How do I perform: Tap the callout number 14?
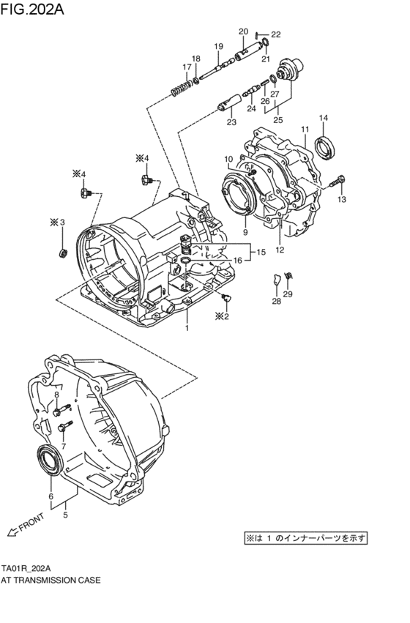[x=323, y=118]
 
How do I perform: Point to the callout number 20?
[x=243, y=31]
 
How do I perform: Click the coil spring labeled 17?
[x=179, y=91]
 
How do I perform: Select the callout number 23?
[x=231, y=122]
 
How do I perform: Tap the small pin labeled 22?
[x=258, y=34]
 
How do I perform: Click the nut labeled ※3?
[x=63, y=253]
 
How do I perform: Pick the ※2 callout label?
[x=222, y=316]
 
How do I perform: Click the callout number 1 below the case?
[x=187, y=329]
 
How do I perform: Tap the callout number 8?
[x=57, y=395]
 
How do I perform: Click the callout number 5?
[x=65, y=515]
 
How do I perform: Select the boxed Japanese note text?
[x=305, y=538]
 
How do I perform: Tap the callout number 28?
[x=276, y=301]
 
